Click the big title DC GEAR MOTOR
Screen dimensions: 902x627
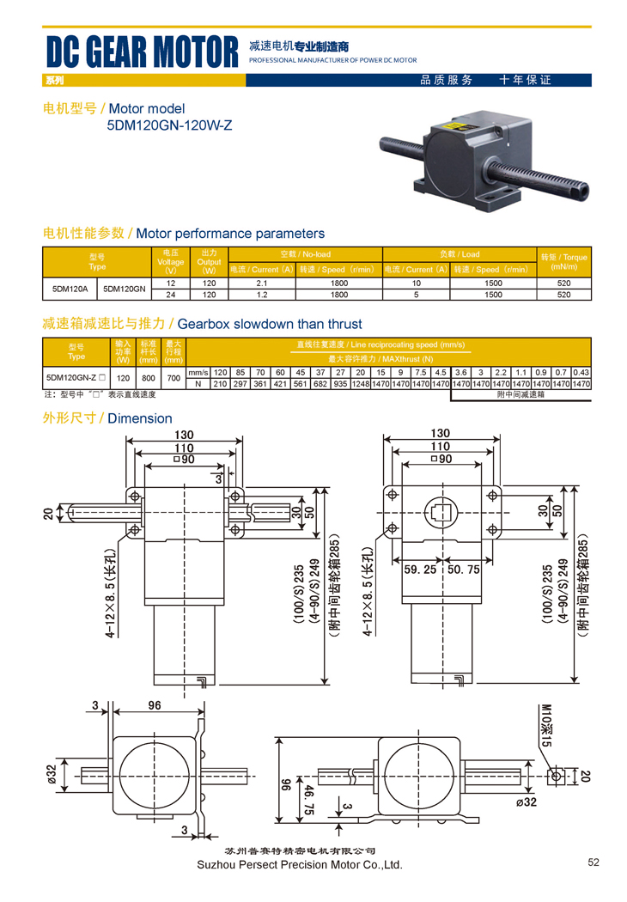click(142, 52)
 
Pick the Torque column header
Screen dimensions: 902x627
click(563, 261)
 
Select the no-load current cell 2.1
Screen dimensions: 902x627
click(263, 283)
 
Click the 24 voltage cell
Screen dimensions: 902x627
click(171, 295)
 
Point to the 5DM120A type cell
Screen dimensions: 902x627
click(71, 289)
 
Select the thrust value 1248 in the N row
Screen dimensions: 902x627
click(361, 384)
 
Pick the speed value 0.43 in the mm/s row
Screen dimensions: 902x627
click(581, 372)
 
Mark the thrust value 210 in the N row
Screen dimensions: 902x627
click(220, 384)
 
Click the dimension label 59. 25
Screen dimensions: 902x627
click(419, 569)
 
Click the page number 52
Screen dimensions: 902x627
click(594, 862)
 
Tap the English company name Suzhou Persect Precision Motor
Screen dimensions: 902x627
click(299, 865)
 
